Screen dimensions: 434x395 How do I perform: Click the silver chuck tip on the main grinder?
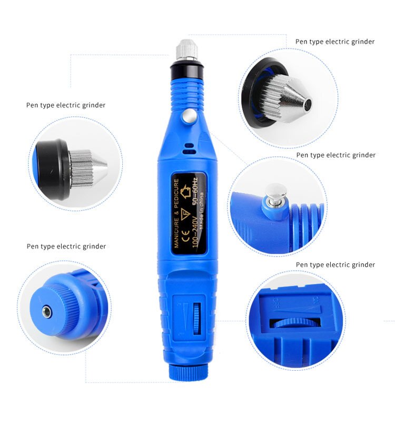tap(186, 50)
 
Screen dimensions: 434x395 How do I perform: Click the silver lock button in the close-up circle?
tap(274, 192)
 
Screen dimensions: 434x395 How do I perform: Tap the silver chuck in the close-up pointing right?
tap(87, 168)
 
